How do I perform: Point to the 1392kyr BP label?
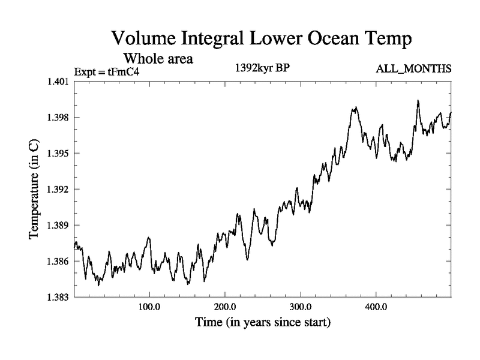262,68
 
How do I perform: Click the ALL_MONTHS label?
413,70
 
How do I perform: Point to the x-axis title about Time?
262,323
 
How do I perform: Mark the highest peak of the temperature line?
418,101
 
